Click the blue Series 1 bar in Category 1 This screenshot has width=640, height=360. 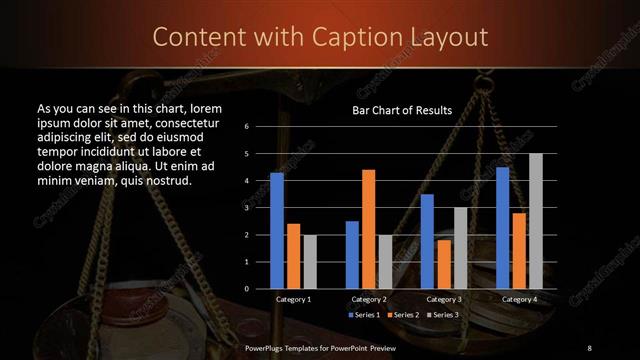(277, 231)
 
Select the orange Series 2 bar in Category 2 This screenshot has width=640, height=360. (369, 229)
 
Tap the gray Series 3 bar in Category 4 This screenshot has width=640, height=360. (536, 221)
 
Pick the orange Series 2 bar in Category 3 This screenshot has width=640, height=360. (444, 264)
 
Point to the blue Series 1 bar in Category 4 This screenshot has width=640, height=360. (502, 228)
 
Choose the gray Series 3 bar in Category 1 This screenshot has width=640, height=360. (310, 262)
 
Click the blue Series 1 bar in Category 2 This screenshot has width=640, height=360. (352, 255)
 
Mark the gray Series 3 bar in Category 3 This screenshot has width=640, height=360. (460, 248)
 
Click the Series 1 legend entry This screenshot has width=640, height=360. (365, 315)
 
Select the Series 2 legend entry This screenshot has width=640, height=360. (405, 315)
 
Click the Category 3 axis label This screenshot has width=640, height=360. (444, 299)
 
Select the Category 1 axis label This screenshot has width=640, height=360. (294, 299)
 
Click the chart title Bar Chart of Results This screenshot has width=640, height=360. (402, 110)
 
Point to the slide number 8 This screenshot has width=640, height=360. (589, 347)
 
